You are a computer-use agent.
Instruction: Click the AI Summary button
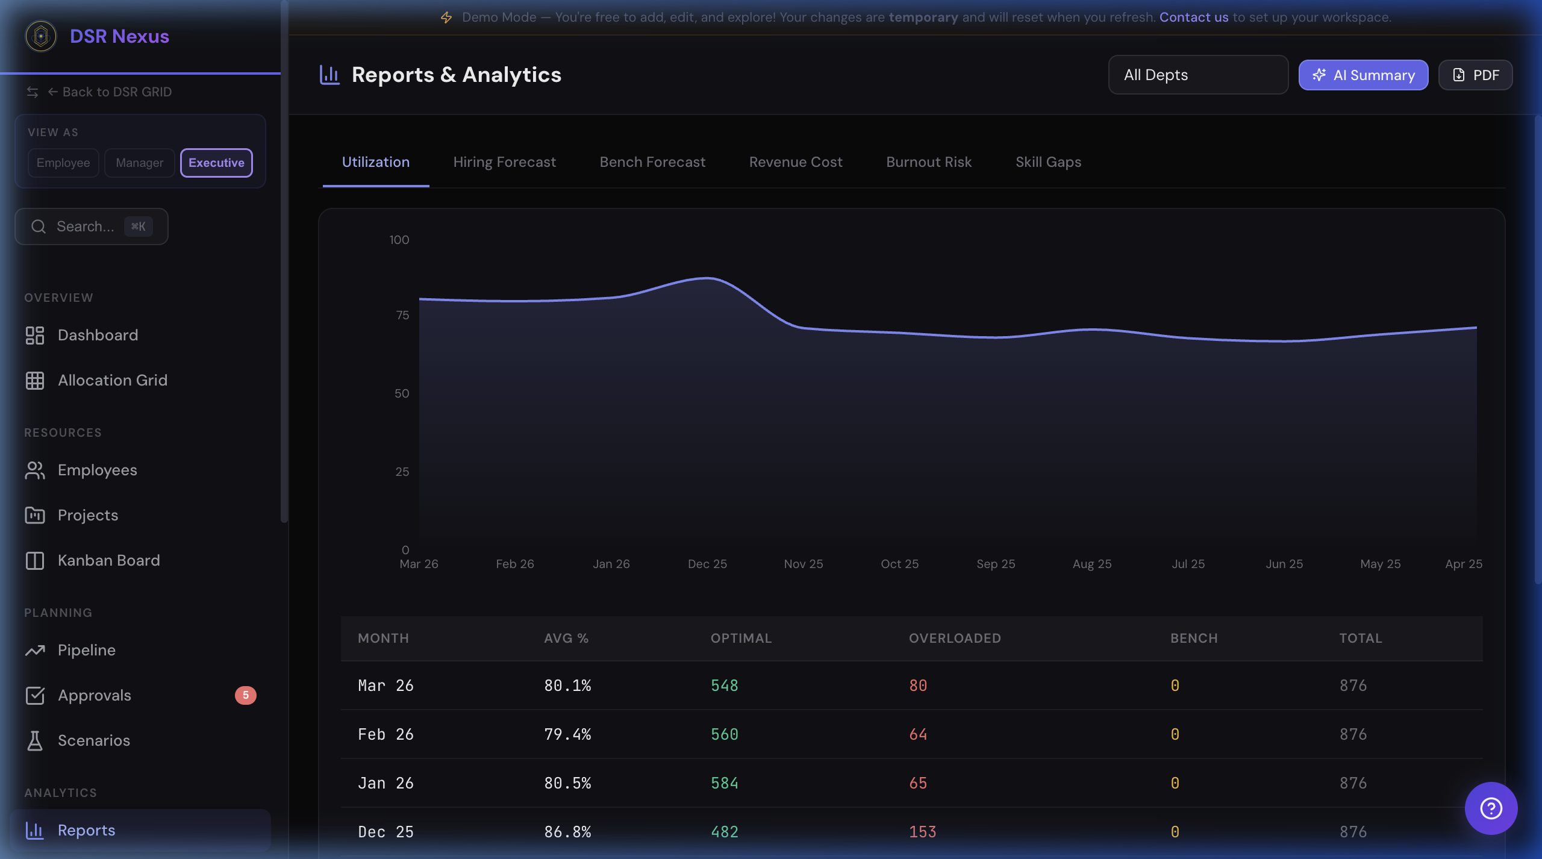tap(1363, 75)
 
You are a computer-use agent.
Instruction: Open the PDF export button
tap(1475, 75)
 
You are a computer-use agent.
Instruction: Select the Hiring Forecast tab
tap(504, 162)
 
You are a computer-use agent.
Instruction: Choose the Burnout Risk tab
tap(928, 162)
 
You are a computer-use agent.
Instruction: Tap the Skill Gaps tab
tap(1048, 162)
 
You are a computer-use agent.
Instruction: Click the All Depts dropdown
tap(1197, 75)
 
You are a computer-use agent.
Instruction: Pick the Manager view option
tap(139, 163)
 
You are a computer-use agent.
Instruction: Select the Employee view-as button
tap(63, 163)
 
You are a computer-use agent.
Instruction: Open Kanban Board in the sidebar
tap(108, 560)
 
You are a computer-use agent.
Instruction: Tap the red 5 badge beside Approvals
tap(245, 695)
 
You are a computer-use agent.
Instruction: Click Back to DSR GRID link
tap(117, 92)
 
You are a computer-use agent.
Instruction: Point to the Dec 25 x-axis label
tap(707, 564)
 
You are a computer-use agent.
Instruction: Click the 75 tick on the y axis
tap(402, 315)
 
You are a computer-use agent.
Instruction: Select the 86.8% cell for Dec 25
tap(567, 832)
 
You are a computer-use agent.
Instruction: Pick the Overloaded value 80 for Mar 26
tap(918, 686)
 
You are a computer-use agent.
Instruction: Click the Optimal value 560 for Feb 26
tap(725, 734)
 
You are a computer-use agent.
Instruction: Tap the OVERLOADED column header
tap(955, 638)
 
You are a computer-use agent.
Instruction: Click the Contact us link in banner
tap(1193, 17)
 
